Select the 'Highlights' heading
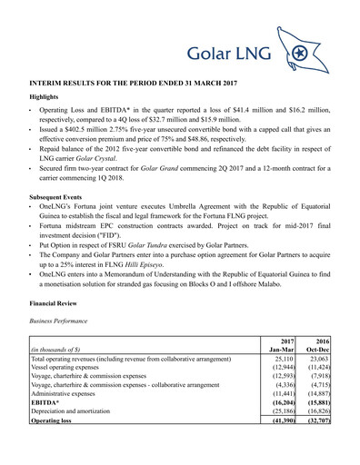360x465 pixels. [x=47, y=96]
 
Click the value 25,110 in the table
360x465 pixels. [x=282, y=385]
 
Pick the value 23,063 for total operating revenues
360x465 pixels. [x=319, y=385]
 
